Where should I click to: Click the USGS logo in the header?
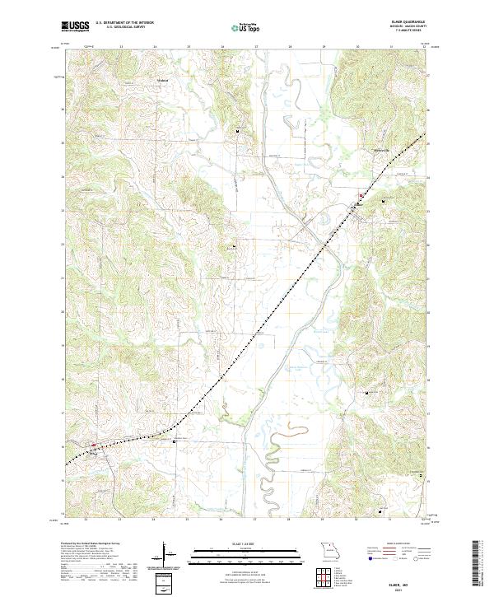coord(77,27)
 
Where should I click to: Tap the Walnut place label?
coord(162,81)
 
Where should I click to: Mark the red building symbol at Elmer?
coord(361,195)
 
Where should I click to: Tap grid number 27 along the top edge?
coord(256,47)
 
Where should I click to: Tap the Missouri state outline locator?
coord(328,549)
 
